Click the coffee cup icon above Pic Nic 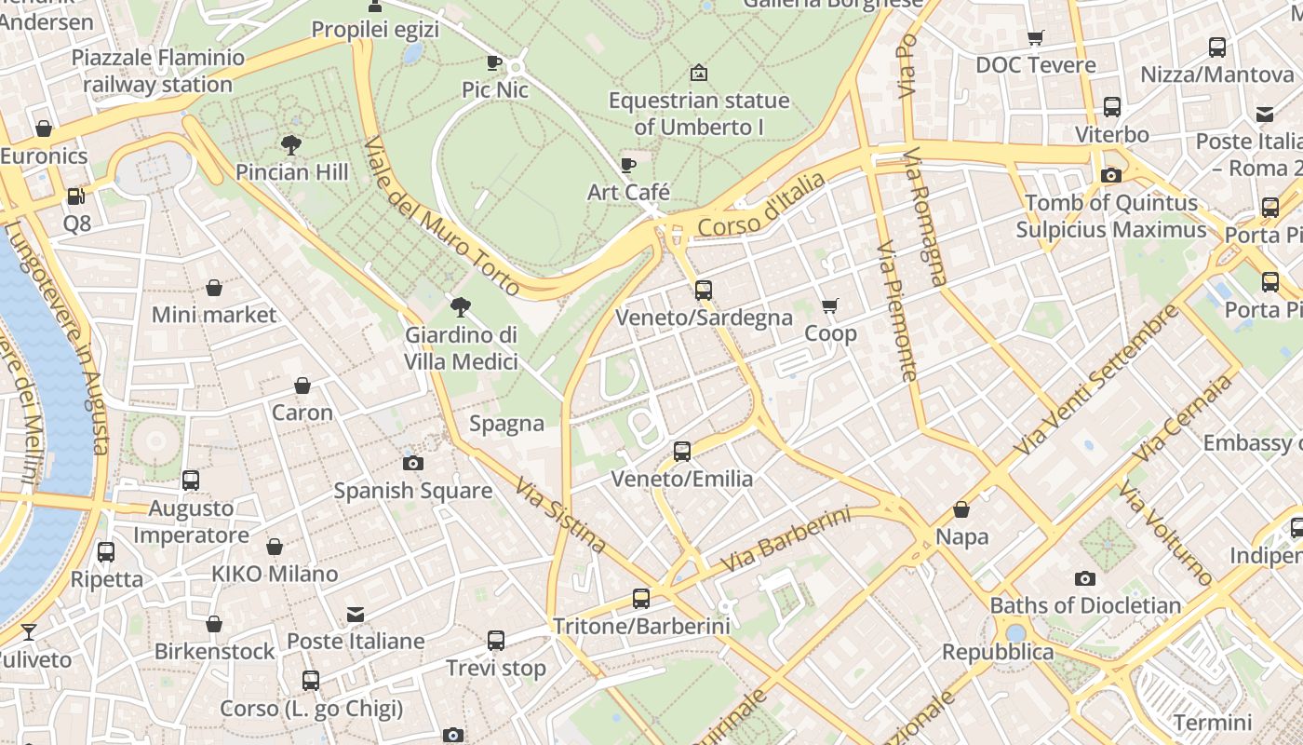pos(494,62)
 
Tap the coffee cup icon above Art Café pos(628,165)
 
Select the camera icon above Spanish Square pos(413,463)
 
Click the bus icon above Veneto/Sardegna pos(704,290)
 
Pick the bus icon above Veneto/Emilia pos(682,452)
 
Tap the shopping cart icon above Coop pos(830,305)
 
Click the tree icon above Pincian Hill pos(291,144)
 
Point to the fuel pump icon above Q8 pos(76,196)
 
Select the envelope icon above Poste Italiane pos(356,614)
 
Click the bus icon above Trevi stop pos(496,641)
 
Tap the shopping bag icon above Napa pos(961,509)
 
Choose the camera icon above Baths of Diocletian pos(1084,578)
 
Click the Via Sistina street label pos(561,515)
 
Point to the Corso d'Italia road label pos(760,204)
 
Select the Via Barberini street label pos(786,540)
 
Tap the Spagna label pos(506,424)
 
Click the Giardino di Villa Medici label pos(461,347)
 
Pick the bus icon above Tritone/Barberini pos(641,598)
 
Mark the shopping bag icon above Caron pos(302,386)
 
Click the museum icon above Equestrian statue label pos(699,73)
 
